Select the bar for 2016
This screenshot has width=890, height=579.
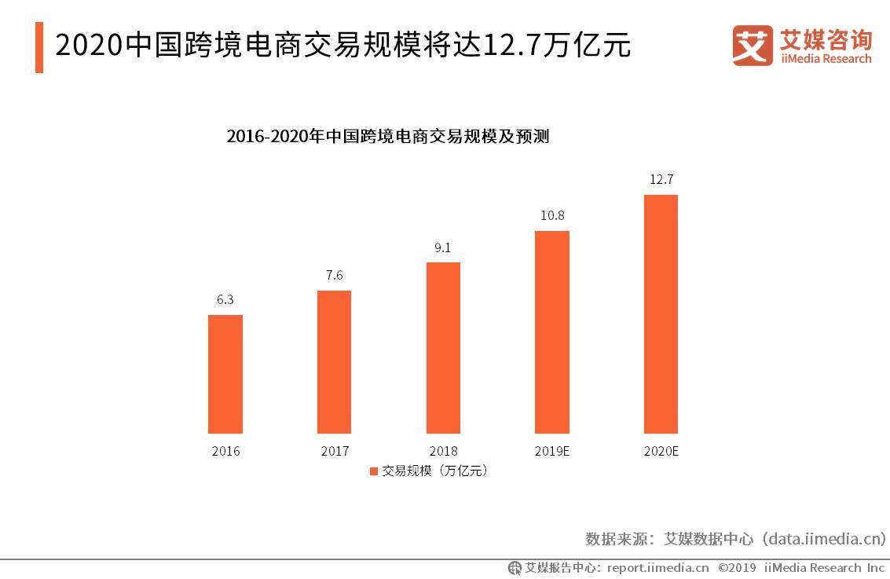pos(225,374)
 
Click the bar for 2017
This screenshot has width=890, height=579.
pos(334,362)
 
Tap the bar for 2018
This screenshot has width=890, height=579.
pos(443,348)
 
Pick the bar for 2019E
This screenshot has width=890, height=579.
pos(551,332)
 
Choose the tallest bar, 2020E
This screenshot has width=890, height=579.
pos(661,314)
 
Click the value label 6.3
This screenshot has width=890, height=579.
pos(225,299)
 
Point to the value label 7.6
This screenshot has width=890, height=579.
pos(334,275)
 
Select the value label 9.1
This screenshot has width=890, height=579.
pos(443,247)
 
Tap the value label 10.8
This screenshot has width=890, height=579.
pos(551,215)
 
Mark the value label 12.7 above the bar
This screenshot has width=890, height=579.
pos(661,179)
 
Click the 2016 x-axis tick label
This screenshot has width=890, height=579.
pos(225,452)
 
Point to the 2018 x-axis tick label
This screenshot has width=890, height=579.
pos(443,452)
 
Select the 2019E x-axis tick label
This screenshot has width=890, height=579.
pos(551,452)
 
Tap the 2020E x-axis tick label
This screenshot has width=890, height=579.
pos(661,452)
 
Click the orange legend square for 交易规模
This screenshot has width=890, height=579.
pos(373,471)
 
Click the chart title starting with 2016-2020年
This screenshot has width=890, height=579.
pos(387,136)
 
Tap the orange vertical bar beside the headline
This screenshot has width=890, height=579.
pos(39,47)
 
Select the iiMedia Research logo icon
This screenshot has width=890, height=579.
pos(753,46)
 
